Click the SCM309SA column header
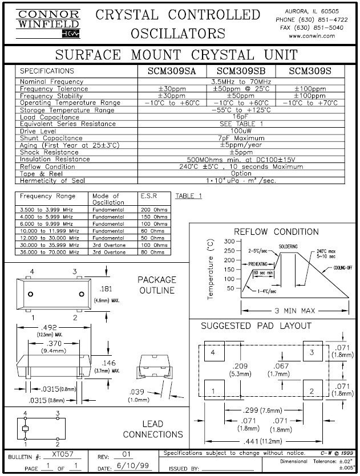point(168,71)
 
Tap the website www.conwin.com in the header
point(312,35)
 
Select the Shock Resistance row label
point(50,152)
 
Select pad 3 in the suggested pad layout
point(311,353)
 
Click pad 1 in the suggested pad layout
point(213,390)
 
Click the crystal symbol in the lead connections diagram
point(25,428)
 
